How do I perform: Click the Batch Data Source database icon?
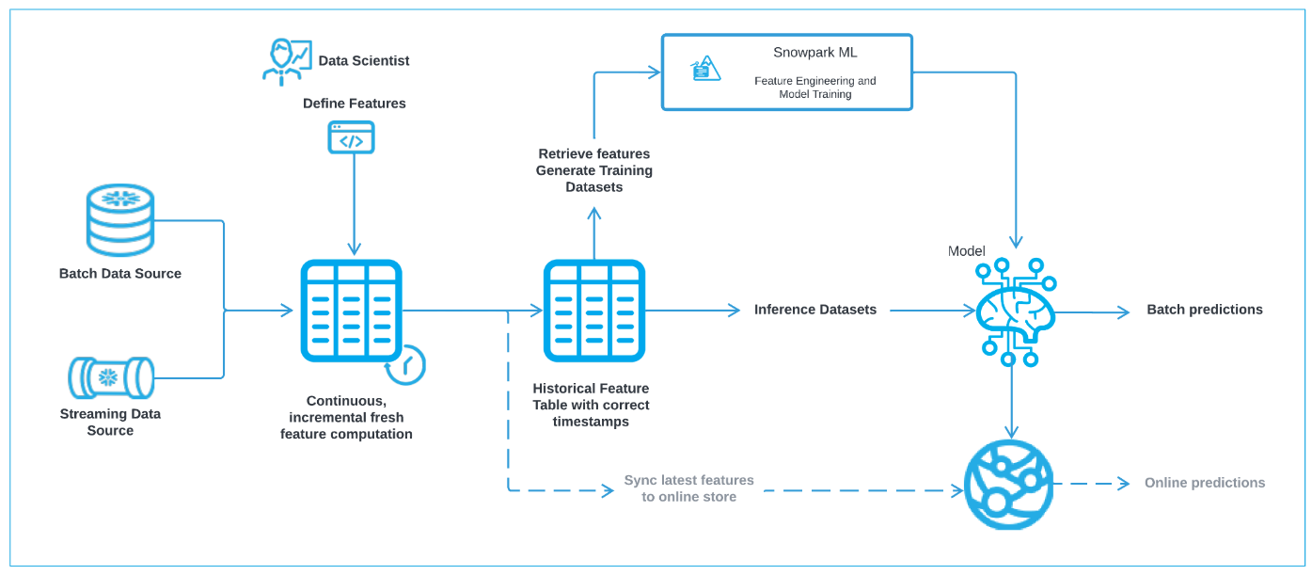pos(119,219)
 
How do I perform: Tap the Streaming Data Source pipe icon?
pos(111,377)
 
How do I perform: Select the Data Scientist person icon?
pos(285,62)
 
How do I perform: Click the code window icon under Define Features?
pos(351,137)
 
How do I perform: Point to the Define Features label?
pos(355,104)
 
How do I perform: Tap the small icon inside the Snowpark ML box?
pos(706,69)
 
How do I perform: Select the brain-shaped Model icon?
pos(1014,311)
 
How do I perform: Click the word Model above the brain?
pos(967,251)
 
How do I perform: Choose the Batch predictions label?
pos(1204,310)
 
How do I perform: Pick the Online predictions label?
pos(1204,483)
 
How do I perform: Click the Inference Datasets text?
pos(814,310)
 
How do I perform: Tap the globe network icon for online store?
pos(1009,484)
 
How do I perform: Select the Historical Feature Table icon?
pos(594,311)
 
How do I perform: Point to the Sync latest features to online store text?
pos(688,488)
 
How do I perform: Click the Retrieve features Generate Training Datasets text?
pos(594,170)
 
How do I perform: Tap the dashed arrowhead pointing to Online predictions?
pos(1123,484)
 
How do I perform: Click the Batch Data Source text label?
pos(120,274)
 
